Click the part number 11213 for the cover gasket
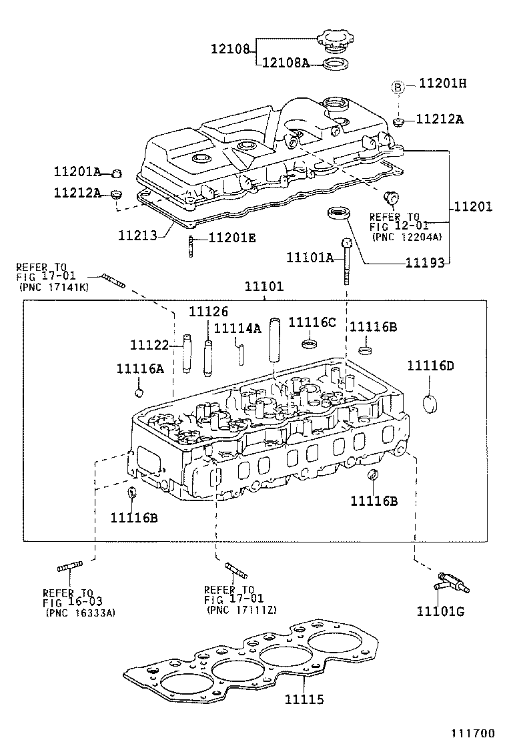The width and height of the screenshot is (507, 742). click(x=138, y=236)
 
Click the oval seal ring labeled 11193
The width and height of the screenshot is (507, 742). click(x=339, y=213)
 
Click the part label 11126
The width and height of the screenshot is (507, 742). click(x=208, y=311)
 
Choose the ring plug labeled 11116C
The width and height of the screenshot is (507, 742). click(x=309, y=344)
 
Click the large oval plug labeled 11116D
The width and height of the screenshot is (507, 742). click(x=431, y=404)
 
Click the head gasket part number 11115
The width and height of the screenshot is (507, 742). click(x=304, y=699)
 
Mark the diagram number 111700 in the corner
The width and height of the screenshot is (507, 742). click(x=474, y=732)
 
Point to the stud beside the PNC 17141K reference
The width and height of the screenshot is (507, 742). click(x=113, y=281)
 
